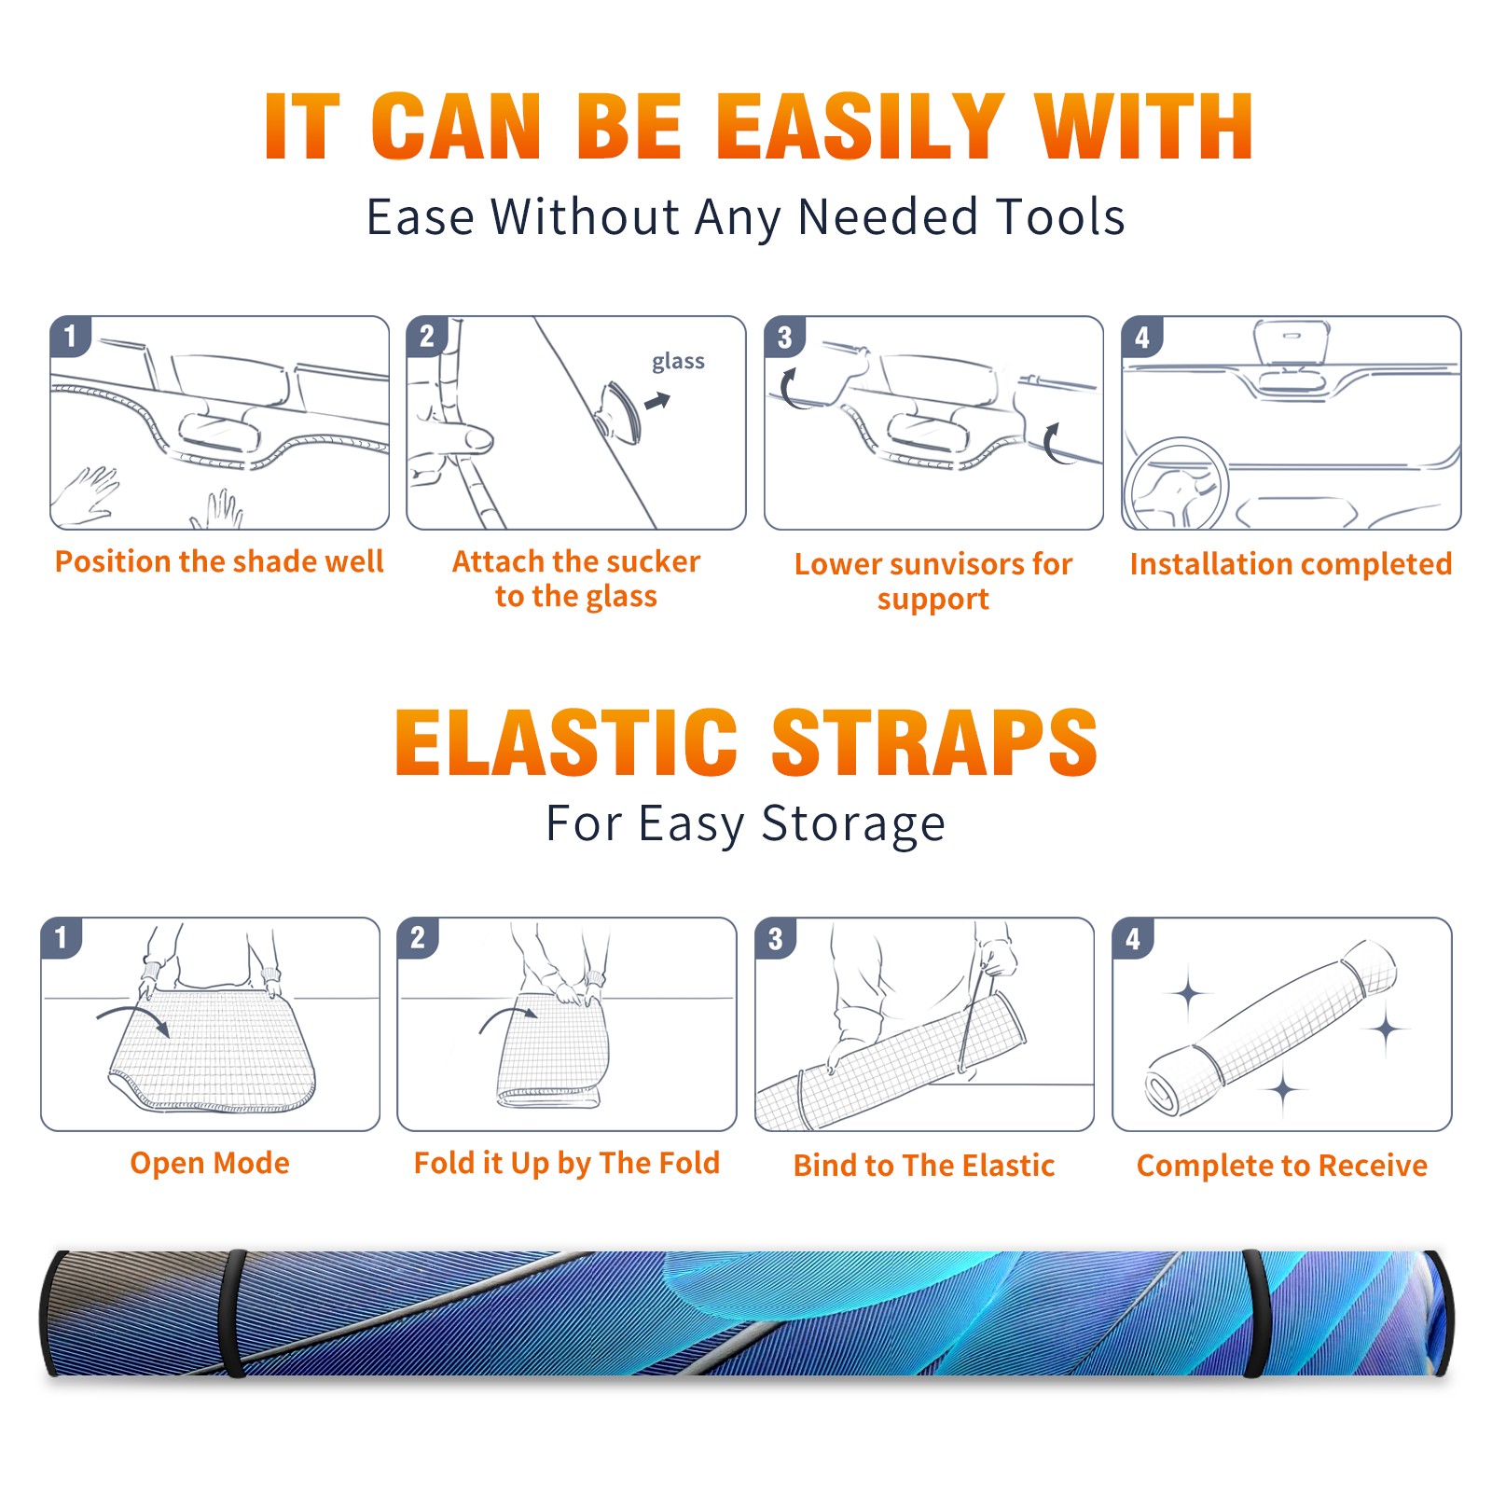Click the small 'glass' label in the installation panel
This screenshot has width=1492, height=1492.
[x=678, y=361]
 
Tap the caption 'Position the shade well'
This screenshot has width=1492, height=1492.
[x=219, y=561]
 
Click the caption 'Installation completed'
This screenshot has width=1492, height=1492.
[x=1291, y=563]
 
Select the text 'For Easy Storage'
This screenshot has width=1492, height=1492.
[x=745, y=823]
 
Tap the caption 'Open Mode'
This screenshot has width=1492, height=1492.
[x=210, y=1163]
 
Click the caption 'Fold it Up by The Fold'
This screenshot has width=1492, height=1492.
[x=567, y=1163]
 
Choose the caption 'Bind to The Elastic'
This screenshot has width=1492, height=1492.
[x=924, y=1165]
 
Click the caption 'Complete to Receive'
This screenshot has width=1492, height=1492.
[x=1282, y=1165]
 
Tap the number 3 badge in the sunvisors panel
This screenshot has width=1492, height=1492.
[x=784, y=338]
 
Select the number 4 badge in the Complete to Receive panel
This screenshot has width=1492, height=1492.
[x=1133, y=938]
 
